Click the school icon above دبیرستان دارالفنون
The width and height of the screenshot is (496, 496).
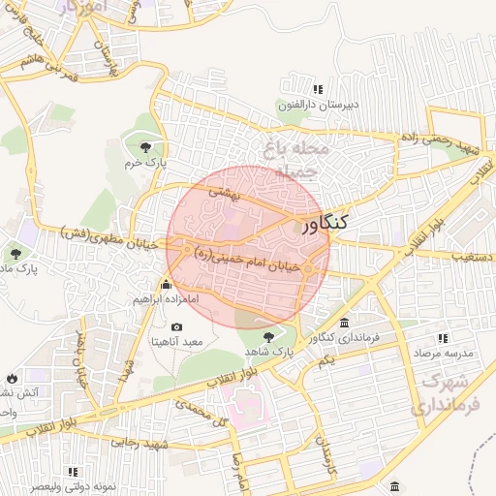tap(292, 88)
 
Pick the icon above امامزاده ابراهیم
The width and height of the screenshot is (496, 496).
tap(166, 285)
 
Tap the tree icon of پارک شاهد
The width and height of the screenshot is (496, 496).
tap(268, 335)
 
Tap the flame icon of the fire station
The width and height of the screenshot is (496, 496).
tap(11, 376)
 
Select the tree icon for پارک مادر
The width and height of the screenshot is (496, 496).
tap(16, 254)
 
